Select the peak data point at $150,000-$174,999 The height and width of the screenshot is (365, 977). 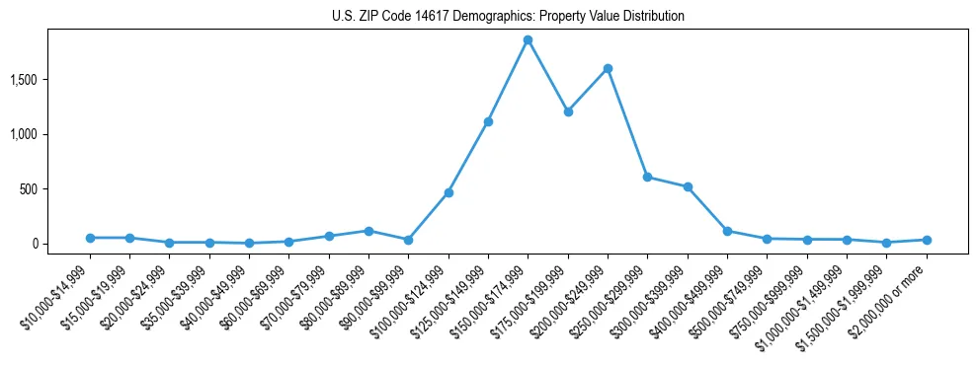click(528, 40)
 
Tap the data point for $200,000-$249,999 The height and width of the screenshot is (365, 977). click(608, 68)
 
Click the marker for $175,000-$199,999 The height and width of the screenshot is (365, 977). click(568, 111)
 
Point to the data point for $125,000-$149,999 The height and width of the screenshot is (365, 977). click(488, 121)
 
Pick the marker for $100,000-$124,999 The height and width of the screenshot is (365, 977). click(448, 192)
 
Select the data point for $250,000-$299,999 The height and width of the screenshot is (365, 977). click(647, 177)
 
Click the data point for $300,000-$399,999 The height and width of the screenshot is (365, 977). click(688, 186)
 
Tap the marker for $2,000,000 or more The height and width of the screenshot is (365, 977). click(927, 240)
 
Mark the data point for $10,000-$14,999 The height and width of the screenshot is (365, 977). click(90, 238)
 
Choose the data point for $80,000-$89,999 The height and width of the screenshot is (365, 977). click(368, 231)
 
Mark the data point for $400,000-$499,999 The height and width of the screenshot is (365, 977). click(727, 231)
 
